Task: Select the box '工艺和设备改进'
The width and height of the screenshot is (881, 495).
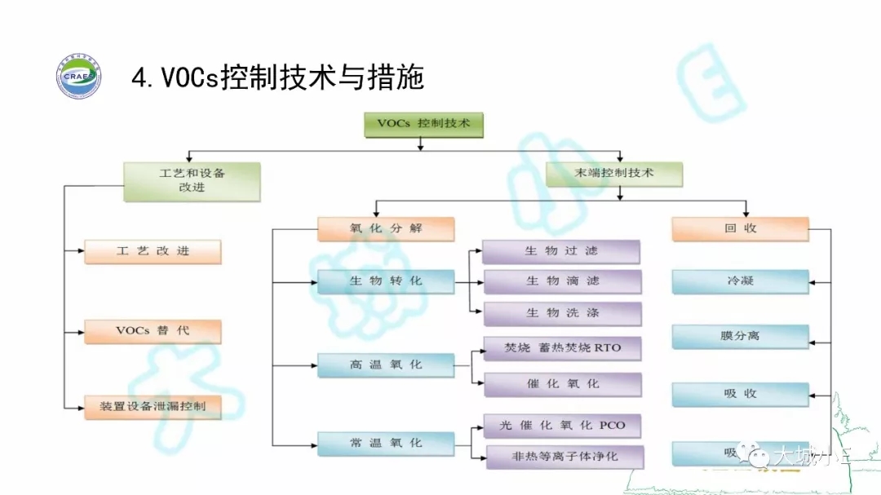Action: pos(192,181)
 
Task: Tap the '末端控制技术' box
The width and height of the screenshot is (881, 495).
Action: pos(613,173)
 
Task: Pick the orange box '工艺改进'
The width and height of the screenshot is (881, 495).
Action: pos(153,252)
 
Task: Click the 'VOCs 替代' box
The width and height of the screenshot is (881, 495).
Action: pos(153,332)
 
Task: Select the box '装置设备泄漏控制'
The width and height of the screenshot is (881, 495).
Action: pos(153,406)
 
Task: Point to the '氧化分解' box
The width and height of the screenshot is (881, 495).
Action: pos(386,229)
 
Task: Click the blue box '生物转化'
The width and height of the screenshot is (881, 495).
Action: pos(386,281)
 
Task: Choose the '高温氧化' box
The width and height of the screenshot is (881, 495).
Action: pos(386,365)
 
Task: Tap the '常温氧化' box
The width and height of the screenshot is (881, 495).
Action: pos(386,444)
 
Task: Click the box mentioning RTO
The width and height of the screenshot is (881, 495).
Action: pos(562,348)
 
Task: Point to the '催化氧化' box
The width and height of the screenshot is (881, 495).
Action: pos(562,384)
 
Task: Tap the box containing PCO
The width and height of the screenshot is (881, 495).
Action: pos(562,426)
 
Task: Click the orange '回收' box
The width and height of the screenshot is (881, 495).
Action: pos(740,229)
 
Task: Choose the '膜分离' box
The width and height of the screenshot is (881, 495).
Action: pos(740,335)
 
